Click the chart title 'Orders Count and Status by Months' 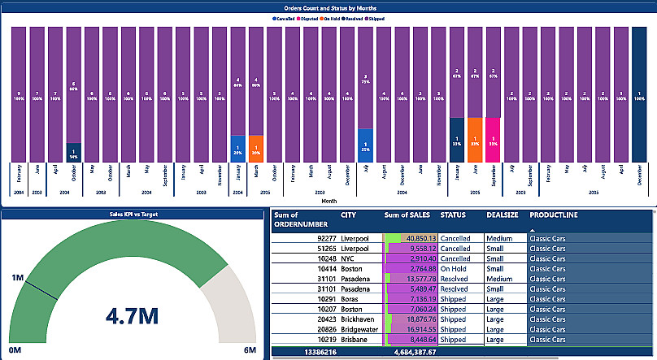click(328, 7)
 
